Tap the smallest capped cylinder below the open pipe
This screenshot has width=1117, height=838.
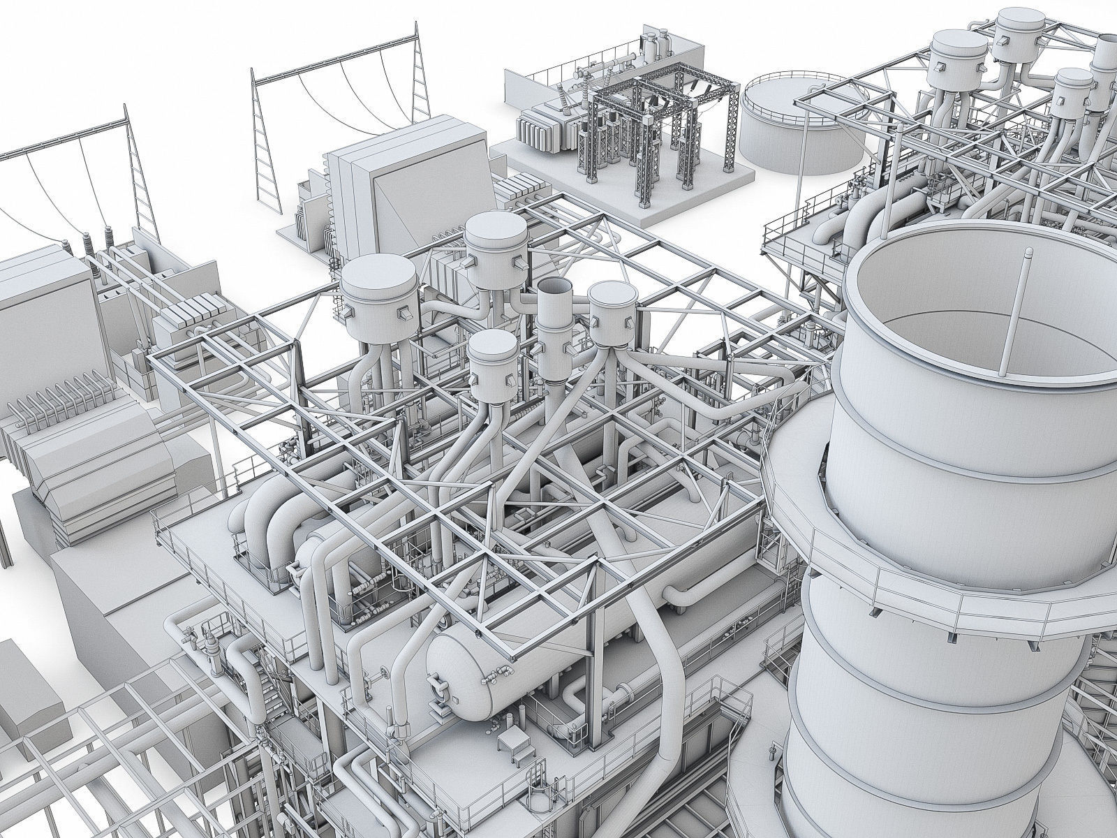(x=492, y=363)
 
